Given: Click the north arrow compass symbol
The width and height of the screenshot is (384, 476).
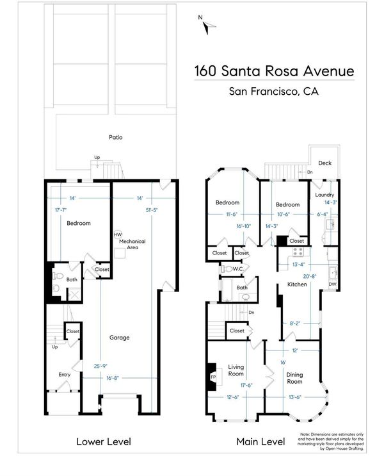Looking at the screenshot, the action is click(x=207, y=25).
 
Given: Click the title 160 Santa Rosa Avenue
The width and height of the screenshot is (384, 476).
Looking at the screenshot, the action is click(x=274, y=71).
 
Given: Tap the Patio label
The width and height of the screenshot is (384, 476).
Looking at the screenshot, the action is click(x=116, y=137).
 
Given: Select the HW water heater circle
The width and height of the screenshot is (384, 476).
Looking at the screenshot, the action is click(x=118, y=234).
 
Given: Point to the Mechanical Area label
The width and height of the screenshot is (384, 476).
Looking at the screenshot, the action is click(x=132, y=244).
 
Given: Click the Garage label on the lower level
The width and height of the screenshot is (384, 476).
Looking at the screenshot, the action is click(x=120, y=337).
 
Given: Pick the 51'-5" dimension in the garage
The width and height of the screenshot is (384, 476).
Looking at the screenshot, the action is click(x=151, y=209).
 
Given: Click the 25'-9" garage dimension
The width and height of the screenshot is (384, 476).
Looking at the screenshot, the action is click(x=100, y=366).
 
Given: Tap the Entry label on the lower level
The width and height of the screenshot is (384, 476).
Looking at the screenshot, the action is click(x=64, y=375).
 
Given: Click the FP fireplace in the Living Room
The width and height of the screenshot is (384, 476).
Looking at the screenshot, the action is click(x=213, y=377).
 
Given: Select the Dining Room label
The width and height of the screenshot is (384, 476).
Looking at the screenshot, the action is click(x=294, y=378).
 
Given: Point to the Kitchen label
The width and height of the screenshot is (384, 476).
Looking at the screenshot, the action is click(x=297, y=284).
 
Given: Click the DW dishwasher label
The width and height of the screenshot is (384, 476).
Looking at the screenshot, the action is click(x=332, y=284).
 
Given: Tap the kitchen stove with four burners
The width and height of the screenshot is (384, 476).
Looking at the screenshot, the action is click(x=298, y=252).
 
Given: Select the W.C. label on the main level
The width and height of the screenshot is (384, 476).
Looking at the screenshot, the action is click(x=238, y=268).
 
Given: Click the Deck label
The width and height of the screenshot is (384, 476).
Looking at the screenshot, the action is click(x=325, y=163).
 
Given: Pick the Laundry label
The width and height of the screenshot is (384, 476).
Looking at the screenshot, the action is click(x=324, y=195).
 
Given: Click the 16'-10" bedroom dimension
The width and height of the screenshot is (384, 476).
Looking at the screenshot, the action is click(x=244, y=226).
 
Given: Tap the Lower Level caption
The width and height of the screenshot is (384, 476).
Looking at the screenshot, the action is click(x=104, y=441).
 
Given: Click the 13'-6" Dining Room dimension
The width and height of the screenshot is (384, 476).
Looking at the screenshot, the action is click(x=295, y=397).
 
